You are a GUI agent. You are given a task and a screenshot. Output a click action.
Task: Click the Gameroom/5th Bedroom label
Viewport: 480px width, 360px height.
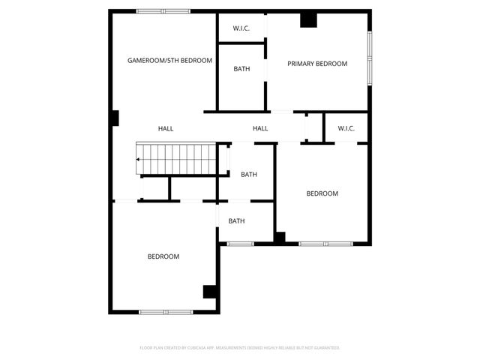click(x=169, y=60)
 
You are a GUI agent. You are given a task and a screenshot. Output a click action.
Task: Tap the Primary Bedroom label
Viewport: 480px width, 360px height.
click(x=317, y=64)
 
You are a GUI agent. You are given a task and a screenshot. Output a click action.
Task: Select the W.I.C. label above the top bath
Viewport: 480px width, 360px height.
click(x=241, y=28)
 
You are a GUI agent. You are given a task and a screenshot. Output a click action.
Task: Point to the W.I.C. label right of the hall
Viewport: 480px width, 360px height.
click(x=346, y=128)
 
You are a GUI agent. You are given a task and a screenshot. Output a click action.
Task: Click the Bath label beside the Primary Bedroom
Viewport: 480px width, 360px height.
click(x=241, y=69)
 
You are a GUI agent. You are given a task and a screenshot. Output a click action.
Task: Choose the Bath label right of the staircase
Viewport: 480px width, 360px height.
click(x=249, y=175)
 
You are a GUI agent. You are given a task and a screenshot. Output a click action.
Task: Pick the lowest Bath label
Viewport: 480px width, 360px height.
click(x=237, y=221)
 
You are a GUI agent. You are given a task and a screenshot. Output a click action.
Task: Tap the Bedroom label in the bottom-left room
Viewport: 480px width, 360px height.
click(x=163, y=256)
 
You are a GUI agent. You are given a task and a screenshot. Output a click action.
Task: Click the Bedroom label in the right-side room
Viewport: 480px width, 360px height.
click(x=322, y=193)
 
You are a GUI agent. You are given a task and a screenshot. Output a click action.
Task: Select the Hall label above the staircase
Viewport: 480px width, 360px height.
click(x=166, y=129)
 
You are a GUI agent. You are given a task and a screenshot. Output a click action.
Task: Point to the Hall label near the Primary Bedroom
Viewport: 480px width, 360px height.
click(x=260, y=129)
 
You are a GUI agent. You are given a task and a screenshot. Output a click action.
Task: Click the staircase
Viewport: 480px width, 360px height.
click(x=177, y=159)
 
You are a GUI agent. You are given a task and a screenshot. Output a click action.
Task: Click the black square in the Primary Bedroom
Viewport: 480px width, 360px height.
click(x=308, y=20)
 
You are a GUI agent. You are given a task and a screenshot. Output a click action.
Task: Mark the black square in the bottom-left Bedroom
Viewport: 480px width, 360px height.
click(x=211, y=292)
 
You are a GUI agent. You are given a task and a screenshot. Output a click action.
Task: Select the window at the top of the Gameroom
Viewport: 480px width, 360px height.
click(x=163, y=10)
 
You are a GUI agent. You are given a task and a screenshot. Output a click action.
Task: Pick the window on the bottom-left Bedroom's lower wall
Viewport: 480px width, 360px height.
click(x=166, y=311)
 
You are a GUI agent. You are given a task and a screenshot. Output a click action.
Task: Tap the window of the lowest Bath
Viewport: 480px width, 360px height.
click(x=241, y=243)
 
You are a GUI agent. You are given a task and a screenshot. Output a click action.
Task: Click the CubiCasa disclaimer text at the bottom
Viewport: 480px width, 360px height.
click(x=240, y=348)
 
